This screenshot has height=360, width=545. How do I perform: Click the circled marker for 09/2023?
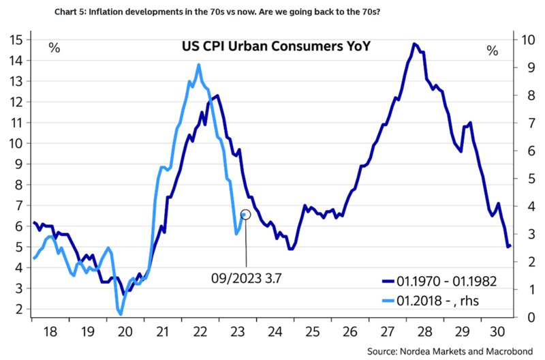pyautogui.click(x=246, y=214)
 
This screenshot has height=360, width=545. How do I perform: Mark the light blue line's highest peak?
pyautogui.click(x=198, y=65)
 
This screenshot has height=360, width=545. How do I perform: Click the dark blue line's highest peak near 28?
pyautogui.click(x=414, y=44)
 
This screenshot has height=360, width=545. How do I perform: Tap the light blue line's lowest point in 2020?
pyautogui.click(x=120, y=314)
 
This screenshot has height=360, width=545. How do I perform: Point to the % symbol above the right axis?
pyautogui.click(x=493, y=50)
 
